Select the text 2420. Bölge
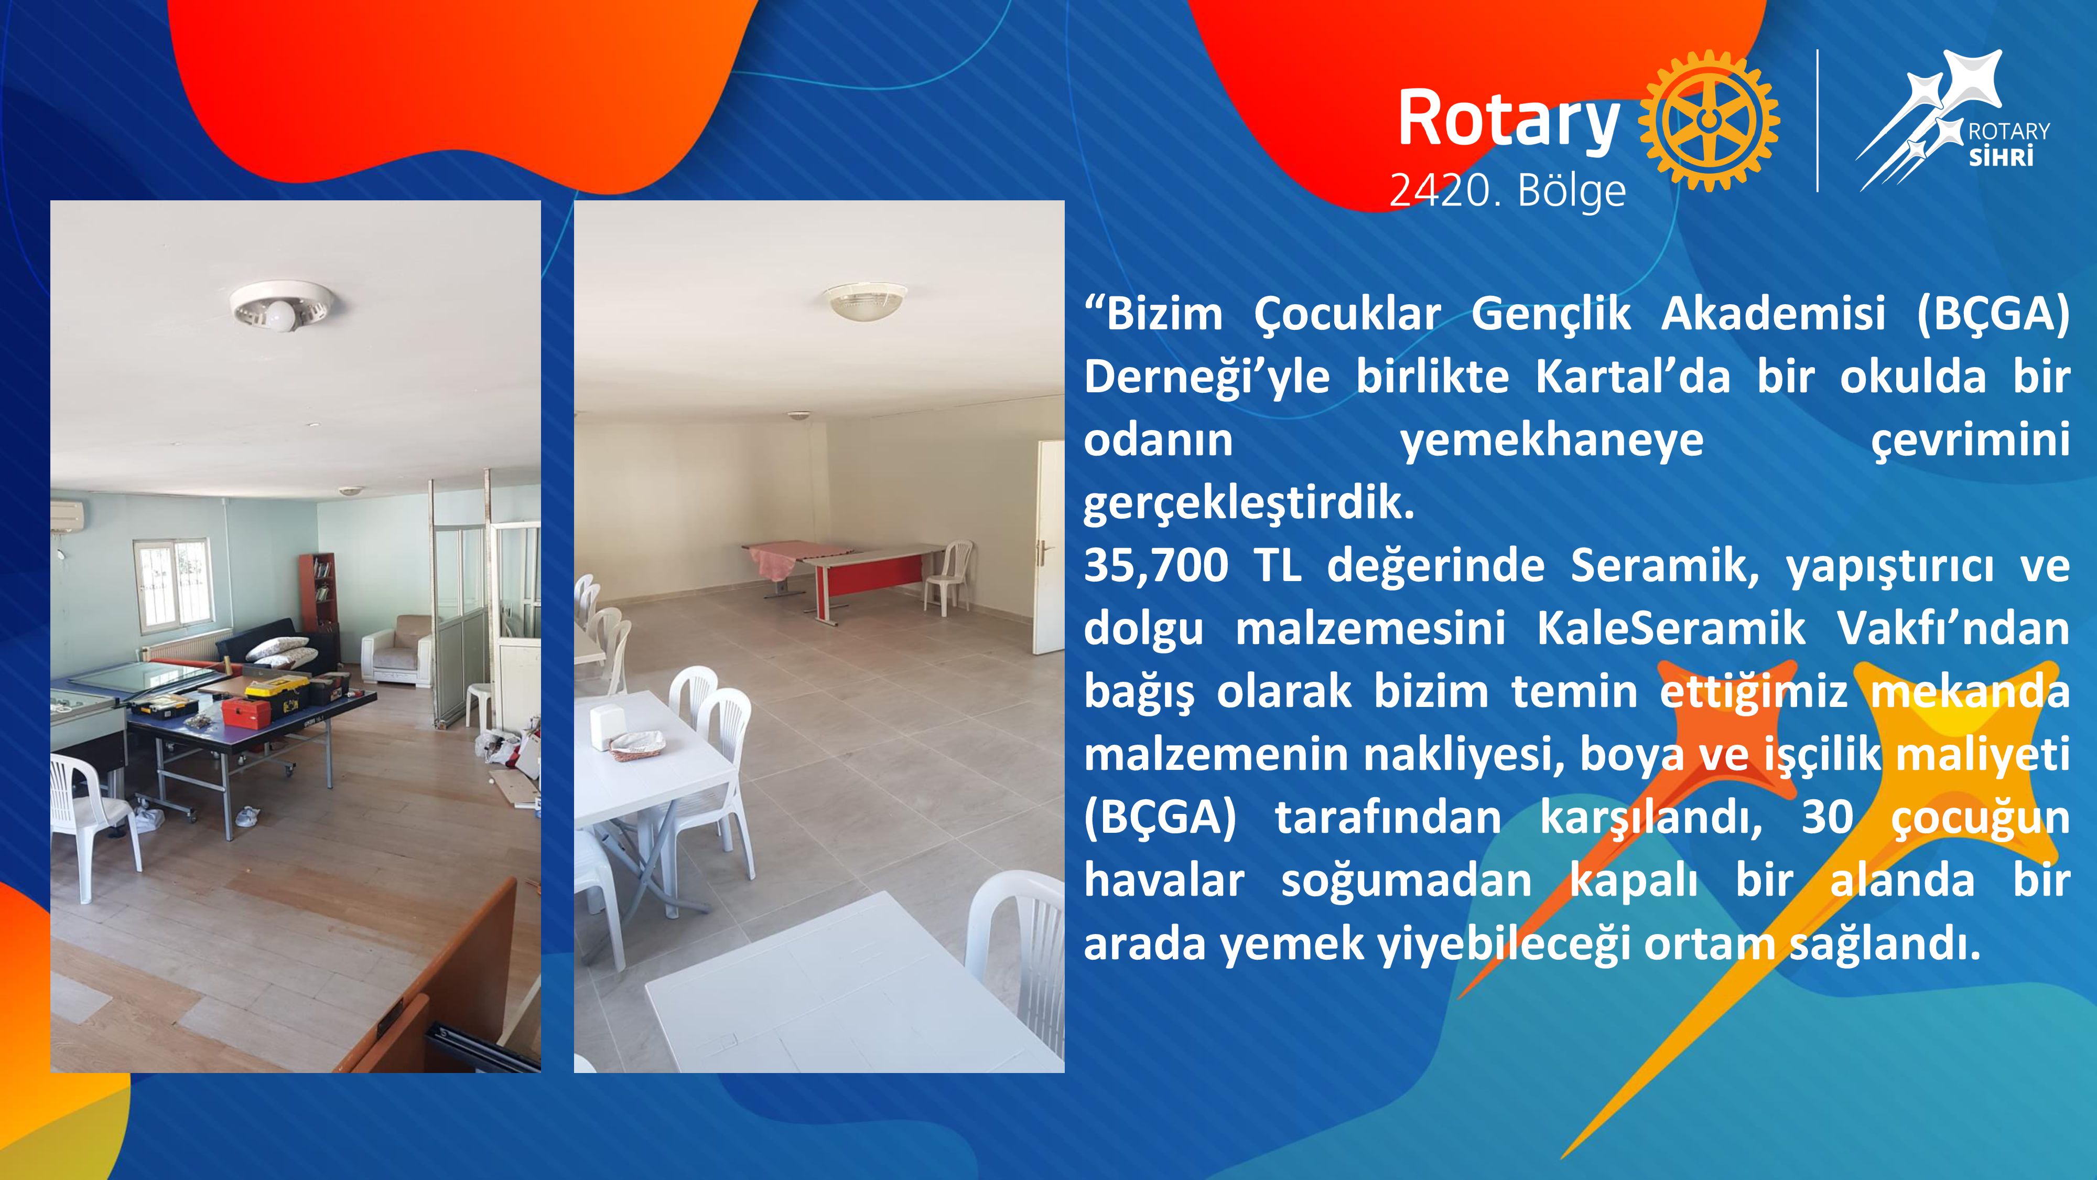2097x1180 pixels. pyautogui.click(x=1508, y=190)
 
